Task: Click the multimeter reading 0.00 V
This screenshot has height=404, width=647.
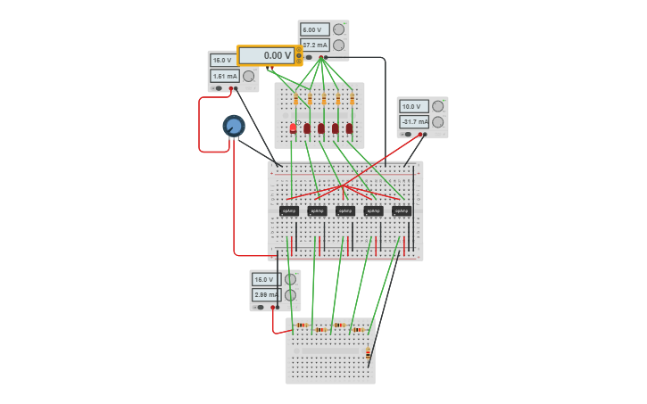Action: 267,55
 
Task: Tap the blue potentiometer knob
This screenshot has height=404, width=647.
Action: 234,126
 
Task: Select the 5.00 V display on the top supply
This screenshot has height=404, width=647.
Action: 315,29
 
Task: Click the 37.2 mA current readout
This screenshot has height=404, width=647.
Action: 315,45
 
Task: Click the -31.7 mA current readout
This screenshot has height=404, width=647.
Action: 414,121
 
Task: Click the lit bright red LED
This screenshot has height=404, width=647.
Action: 293,128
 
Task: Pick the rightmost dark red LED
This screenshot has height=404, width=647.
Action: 350,128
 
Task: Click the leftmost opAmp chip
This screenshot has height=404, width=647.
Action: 288,210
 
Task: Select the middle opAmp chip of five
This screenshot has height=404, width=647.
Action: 345,210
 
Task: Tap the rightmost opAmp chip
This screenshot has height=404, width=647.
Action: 402,210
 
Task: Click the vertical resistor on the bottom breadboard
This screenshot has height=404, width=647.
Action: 368,353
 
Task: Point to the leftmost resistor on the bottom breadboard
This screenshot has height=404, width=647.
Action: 302,326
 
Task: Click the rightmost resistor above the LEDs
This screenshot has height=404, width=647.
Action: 352,100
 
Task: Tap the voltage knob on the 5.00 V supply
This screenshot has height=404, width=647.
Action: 338,29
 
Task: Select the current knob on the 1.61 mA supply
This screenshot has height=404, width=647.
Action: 248,76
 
